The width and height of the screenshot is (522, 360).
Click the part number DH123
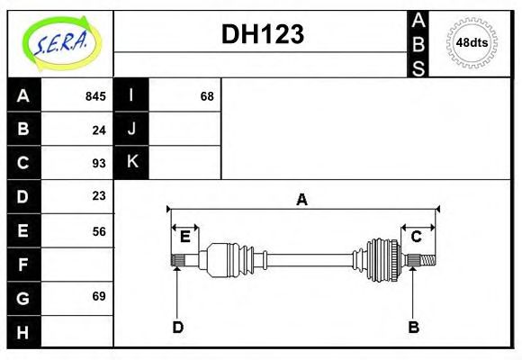point(262,34)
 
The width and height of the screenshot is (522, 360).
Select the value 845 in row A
point(95,96)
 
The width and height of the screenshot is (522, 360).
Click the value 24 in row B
point(99,130)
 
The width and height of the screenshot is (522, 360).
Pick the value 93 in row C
point(99,163)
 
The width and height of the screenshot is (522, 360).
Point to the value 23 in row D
point(99,196)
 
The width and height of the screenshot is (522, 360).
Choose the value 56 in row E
point(99,230)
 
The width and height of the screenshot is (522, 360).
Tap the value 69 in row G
point(99,297)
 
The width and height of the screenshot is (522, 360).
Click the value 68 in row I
point(207,96)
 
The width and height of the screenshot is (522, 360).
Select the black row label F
point(23,265)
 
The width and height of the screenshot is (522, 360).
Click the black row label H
point(23,332)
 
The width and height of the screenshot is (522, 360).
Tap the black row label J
point(132,129)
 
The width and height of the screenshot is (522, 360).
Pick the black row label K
point(132,162)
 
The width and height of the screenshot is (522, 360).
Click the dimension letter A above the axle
point(302,200)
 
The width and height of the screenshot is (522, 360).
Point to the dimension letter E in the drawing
point(184,237)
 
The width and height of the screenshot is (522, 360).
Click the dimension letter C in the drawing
point(417,237)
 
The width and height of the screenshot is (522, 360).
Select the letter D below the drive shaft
point(178,328)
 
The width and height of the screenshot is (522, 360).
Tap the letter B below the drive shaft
point(413,328)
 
